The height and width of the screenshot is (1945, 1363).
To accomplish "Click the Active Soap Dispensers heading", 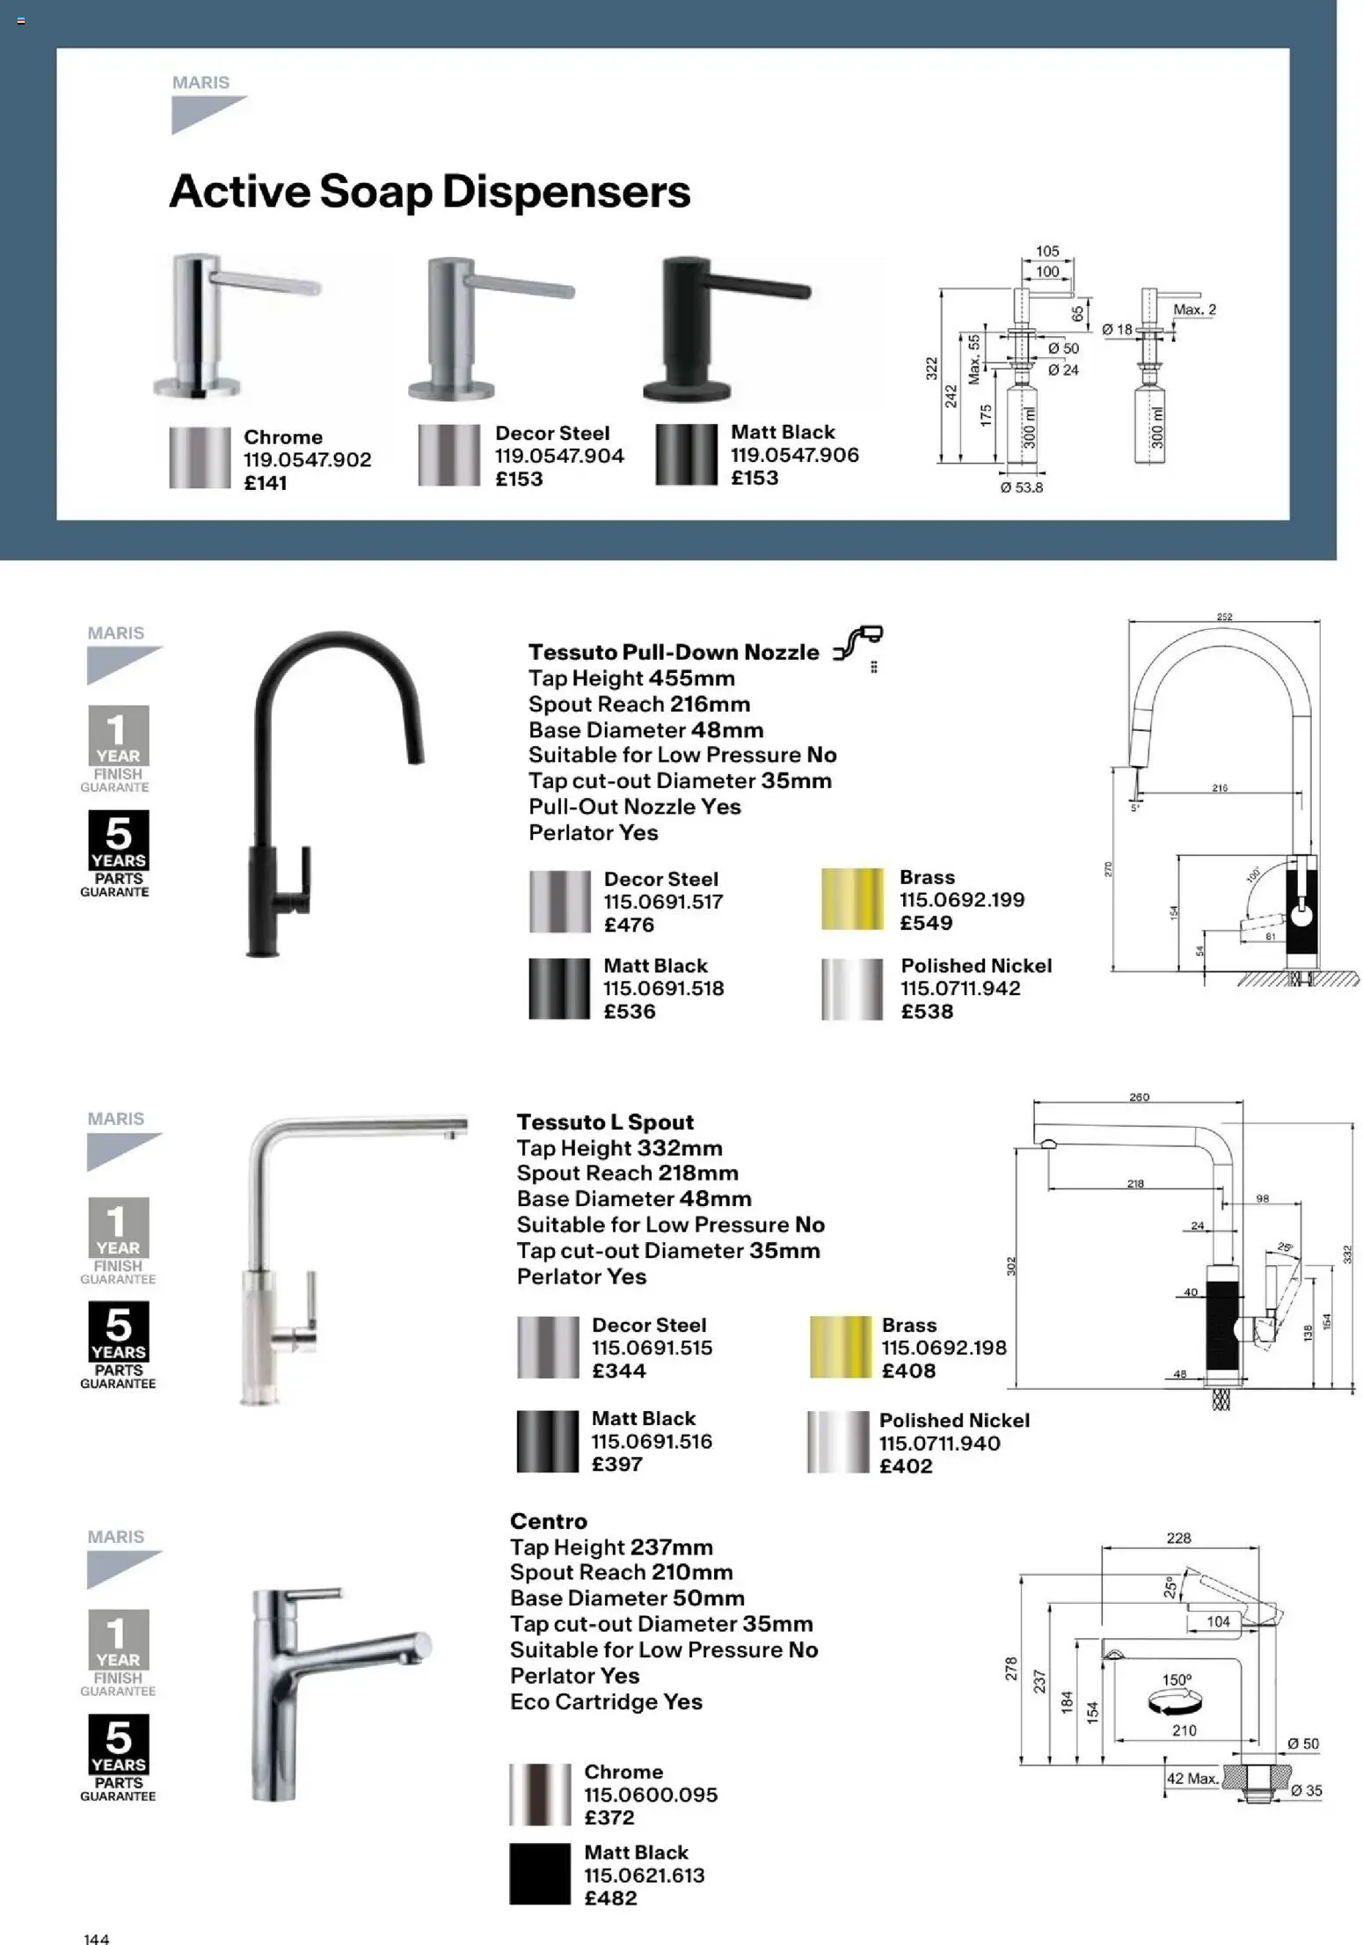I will tap(429, 192).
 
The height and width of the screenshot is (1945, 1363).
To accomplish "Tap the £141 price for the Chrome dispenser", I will tap(265, 483).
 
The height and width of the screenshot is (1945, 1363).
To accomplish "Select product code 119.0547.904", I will tap(559, 456).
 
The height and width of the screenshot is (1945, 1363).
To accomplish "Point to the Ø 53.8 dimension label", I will tap(1021, 487).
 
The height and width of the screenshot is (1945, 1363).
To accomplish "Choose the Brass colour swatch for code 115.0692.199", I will tap(851, 899).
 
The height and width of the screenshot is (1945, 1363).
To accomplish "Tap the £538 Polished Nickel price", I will tap(927, 1012).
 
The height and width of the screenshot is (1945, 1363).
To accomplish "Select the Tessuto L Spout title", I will tap(605, 1122).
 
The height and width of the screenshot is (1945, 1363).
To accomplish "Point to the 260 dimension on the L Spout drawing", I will tap(1139, 1097).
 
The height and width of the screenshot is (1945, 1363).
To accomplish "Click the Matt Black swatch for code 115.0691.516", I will tap(547, 1442).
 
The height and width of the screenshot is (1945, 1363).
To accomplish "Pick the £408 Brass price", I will tap(908, 1371).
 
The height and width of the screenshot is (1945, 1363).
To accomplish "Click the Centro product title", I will tap(548, 1521).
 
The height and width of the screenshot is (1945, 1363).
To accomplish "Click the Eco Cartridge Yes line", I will tap(606, 1701).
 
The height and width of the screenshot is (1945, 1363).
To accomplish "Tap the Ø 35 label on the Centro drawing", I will tap(1306, 1790).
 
